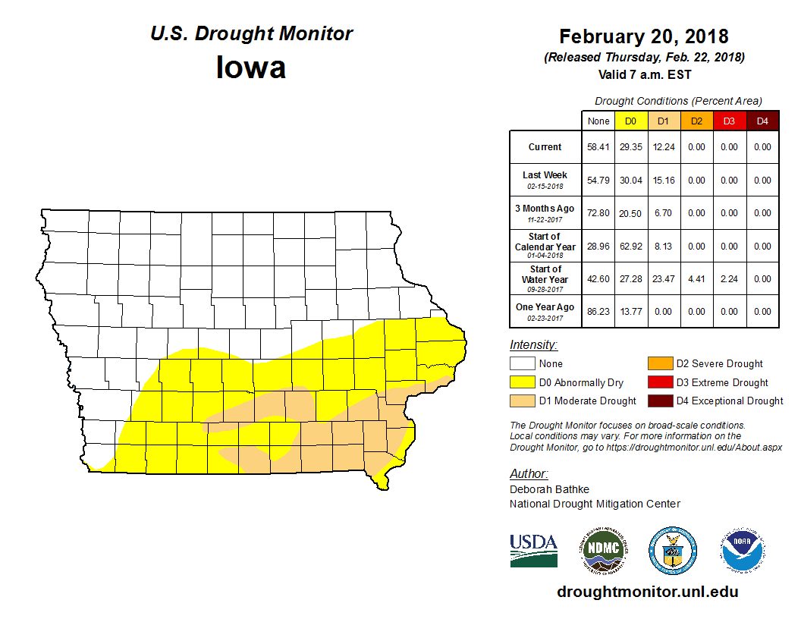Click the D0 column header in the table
click(x=630, y=121)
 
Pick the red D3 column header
click(x=729, y=121)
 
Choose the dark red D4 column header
click(x=762, y=121)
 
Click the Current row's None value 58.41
click(x=598, y=147)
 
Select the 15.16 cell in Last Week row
click(x=663, y=181)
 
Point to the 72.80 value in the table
click(x=598, y=213)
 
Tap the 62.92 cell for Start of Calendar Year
click(x=631, y=247)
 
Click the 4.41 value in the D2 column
click(x=696, y=279)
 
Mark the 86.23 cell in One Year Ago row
click(x=598, y=312)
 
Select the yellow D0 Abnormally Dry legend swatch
click(x=521, y=382)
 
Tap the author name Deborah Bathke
click(x=549, y=489)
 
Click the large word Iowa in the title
click(x=251, y=68)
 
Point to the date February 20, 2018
click(x=644, y=36)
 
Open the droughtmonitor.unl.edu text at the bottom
click(x=647, y=592)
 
